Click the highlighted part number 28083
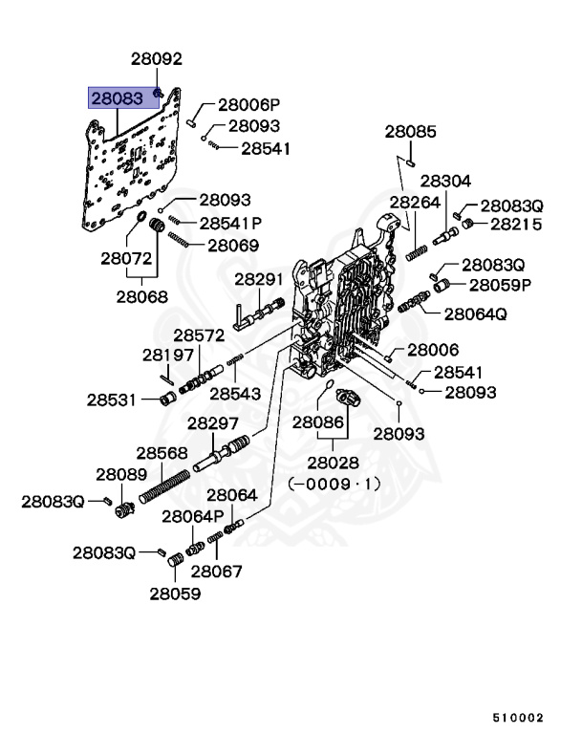tap(117, 97)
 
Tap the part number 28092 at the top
tap(156, 59)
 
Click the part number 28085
tap(411, 131)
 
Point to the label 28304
tap(445, 181)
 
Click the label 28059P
tap(499, 284)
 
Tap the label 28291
tap(259, 279)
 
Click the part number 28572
tap(198, 335)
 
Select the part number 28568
tap(161, 453)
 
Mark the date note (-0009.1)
tap(334, 484)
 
